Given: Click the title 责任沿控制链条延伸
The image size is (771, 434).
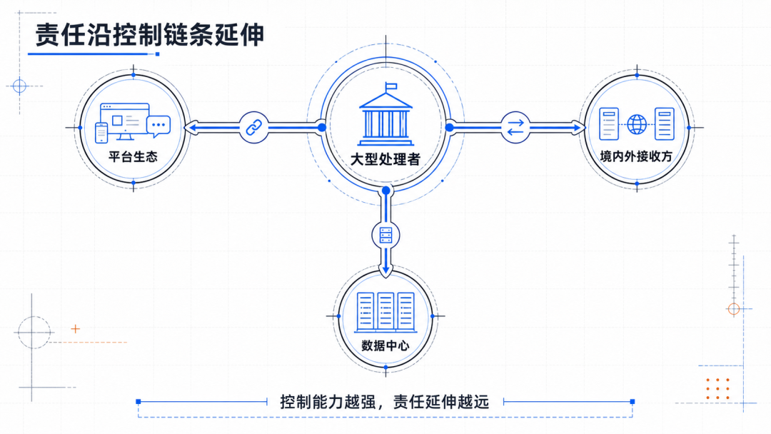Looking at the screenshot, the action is tap(150, 34).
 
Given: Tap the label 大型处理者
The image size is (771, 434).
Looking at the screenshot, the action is tap(385, 159).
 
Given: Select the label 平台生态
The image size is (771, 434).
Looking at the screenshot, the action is tap(133, 157).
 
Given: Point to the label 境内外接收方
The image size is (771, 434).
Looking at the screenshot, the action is tap(636, 156).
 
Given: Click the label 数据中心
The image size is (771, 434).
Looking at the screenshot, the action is tap(385, 345).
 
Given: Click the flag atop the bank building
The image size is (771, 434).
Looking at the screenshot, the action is tap(391, 86).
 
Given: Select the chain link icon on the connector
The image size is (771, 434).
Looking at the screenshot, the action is tap(253, 128).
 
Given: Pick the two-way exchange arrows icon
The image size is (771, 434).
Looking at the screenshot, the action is tap(515, 128).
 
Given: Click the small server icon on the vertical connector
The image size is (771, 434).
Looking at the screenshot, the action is tap(386, 236).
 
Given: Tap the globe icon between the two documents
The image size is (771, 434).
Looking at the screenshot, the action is tap(637, 124).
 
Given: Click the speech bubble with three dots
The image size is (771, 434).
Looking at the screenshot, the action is tap(158, 126).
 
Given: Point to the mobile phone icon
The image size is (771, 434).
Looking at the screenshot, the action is tap(101, 133).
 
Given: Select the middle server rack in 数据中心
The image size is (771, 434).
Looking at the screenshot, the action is tap(385, 311).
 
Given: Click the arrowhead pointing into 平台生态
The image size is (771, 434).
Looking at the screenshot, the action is tap(192, 128).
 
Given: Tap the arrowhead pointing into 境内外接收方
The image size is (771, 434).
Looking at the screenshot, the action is tap(578, 128).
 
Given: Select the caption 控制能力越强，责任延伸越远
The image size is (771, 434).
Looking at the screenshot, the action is tap(385, 402).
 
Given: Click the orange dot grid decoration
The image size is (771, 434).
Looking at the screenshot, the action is tap(717, 389).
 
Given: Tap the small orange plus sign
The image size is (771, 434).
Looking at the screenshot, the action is tap(75, 329).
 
